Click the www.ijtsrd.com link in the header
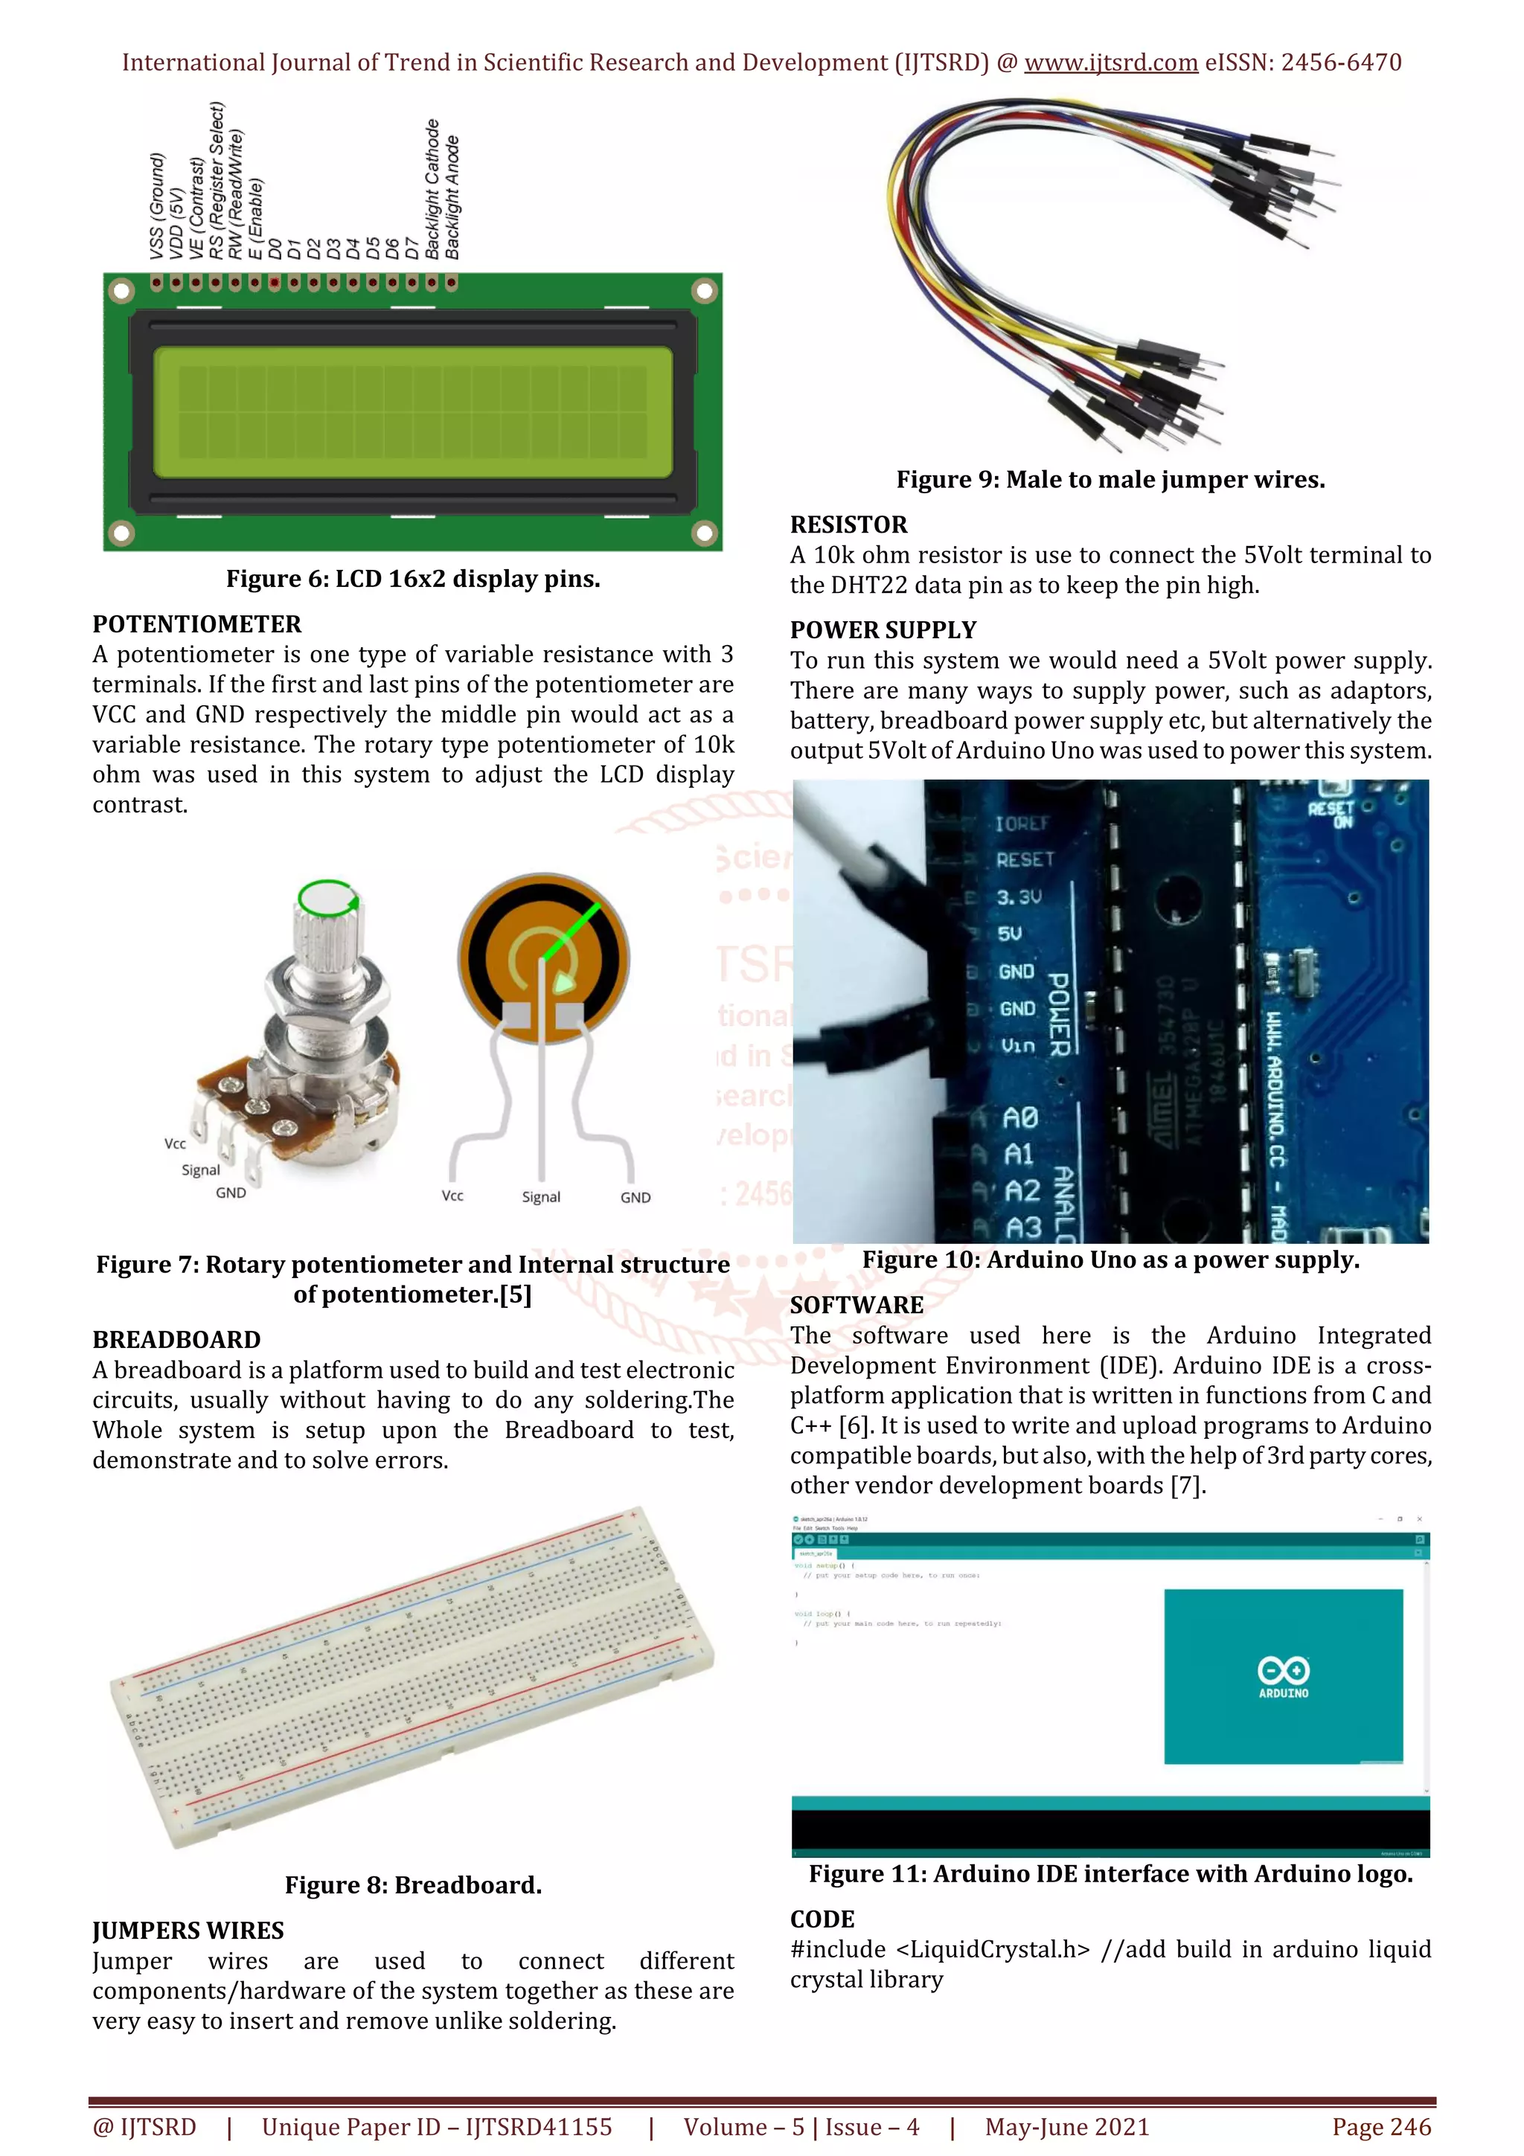[1110, 63]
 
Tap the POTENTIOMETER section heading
[196, 624]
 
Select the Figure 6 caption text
[412, 579]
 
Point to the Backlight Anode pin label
[452, 197]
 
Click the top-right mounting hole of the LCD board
[704, 291]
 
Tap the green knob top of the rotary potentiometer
[326, 899]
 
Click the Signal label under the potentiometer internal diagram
[541, 1197]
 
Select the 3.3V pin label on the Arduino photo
[1018, 896]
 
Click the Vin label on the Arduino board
[1017, 1045]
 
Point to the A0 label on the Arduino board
[1019, 1117]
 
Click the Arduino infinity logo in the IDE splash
[1283, 1670]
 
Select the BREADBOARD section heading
[176, 1340]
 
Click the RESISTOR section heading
[848, 525]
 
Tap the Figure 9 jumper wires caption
[1110, 480]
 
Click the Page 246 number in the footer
[1380, 2127]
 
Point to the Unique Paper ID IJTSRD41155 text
[437, 2127]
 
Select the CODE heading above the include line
[822, 1919]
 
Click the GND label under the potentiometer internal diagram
[635, 1197]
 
